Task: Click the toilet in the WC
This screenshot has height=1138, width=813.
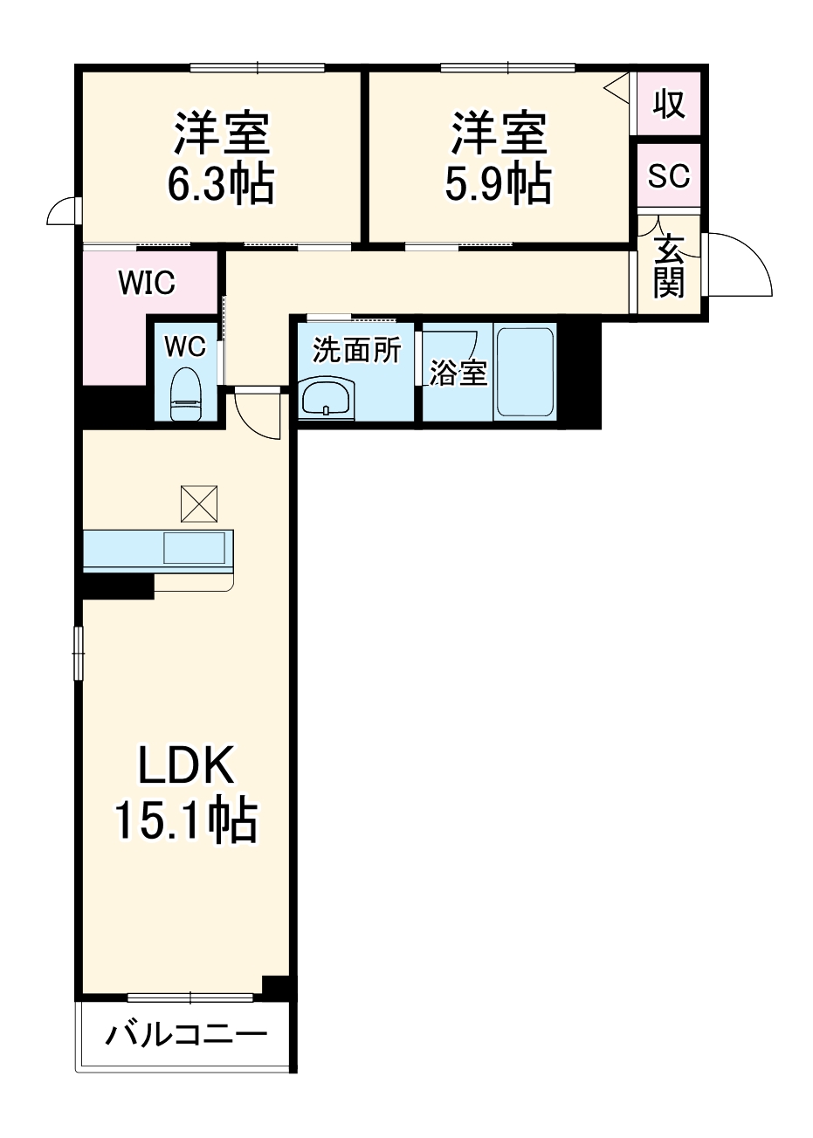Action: click(186, 394)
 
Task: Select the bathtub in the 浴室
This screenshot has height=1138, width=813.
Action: click(525, 372)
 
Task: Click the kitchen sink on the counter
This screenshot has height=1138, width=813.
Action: click(194, 548)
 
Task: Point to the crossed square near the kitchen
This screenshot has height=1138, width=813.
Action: click(199, 504)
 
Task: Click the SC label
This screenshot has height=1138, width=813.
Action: click(669, 175)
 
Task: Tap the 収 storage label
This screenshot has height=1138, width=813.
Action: click(669, 104)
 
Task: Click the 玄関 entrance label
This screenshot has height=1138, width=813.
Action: click(669, 266)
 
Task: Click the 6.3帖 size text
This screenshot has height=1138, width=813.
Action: click(221, 183)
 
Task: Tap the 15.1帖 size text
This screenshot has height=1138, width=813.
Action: click(186, 821)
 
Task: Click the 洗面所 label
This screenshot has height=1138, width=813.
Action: click(356, 350)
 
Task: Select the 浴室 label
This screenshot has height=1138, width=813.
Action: click(458, 373)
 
